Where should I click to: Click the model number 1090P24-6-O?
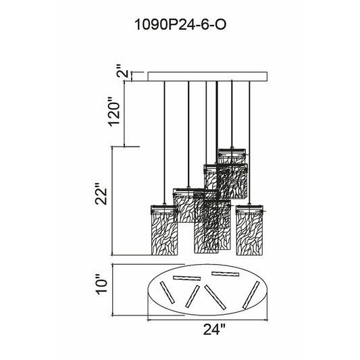click(180, 24)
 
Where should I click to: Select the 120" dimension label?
click(114, 111)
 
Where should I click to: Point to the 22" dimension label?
click(101, 194)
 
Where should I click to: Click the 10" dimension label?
click(101, 284)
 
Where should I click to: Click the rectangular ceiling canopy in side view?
click(207, 76)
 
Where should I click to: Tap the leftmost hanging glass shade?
click(164, 230)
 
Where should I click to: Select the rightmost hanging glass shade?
click(249, 230)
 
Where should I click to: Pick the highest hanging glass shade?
click(232, 156)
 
